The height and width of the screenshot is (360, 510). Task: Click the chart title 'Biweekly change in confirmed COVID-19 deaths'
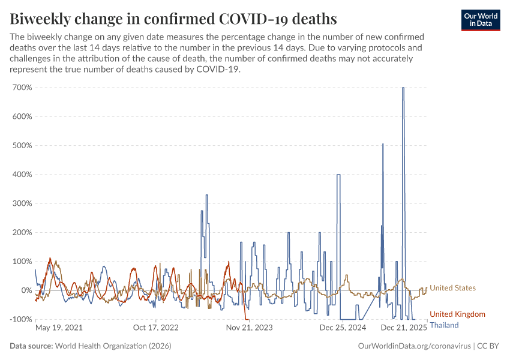coord(173,18)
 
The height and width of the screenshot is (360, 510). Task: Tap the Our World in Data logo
coord(480,20)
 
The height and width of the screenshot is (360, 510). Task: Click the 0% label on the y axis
coord(26,290)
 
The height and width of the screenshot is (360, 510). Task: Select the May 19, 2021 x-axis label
coord(59,328)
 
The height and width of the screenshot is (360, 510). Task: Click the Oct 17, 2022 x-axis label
coord(155,328)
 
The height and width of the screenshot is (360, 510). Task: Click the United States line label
coord(452,288)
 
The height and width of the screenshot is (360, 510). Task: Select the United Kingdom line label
coord(457,314)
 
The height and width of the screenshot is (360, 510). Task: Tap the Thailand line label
coord(444,325)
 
